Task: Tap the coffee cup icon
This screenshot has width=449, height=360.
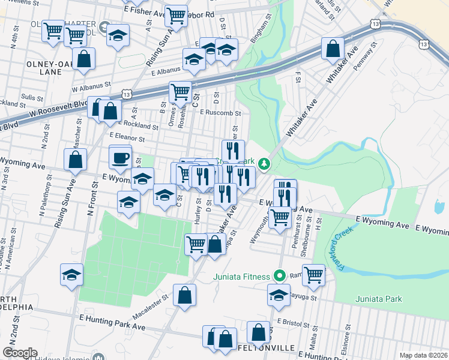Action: pos(120,158)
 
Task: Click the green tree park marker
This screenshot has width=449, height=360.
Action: pos(264,163)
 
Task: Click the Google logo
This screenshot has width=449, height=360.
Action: pos(20,353)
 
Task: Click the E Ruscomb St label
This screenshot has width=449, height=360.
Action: pos(220,112)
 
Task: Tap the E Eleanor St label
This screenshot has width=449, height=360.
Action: pos(127,139)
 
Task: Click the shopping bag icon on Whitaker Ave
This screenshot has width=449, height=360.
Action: pos(332,49)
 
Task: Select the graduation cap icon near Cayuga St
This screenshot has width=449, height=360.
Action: pos(279,295)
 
